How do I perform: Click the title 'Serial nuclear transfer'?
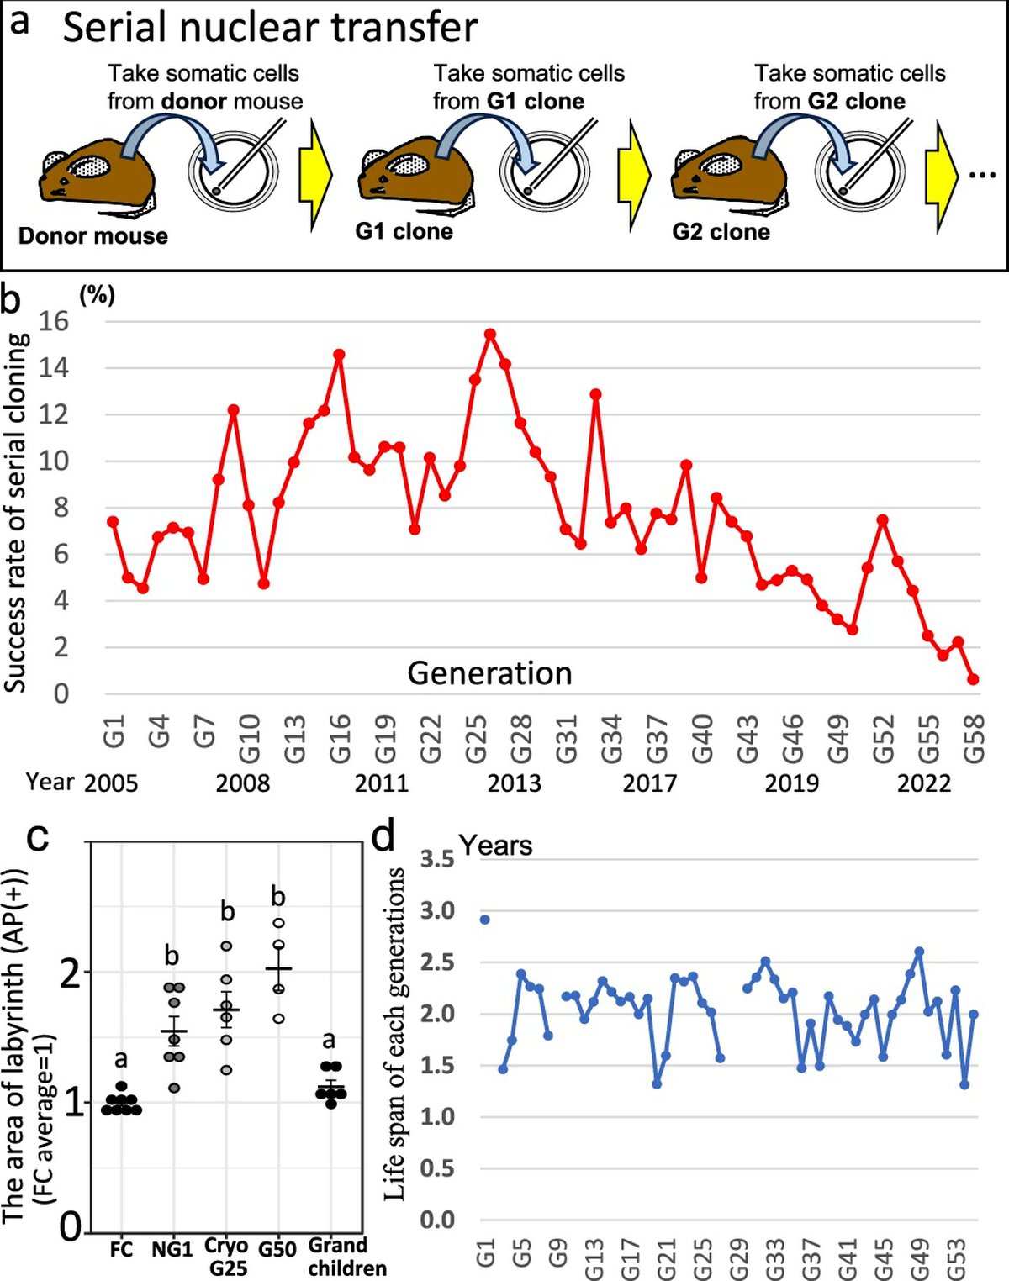270,28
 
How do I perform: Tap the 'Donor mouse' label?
92,236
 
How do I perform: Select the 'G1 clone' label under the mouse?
404,231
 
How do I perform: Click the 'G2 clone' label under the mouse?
721,232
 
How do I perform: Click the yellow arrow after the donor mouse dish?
315,175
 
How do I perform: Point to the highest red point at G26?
490,335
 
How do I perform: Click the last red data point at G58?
973,679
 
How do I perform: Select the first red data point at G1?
113,522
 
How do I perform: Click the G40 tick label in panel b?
702,739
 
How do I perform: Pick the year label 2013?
515,783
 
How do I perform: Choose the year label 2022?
923,783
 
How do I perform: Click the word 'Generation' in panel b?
489,673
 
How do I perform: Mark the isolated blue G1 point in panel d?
484,920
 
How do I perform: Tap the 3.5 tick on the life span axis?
437,859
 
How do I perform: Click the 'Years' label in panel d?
495,846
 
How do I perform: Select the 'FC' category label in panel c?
121,1250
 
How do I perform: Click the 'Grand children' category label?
338,1256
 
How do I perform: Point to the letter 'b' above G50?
278,897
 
